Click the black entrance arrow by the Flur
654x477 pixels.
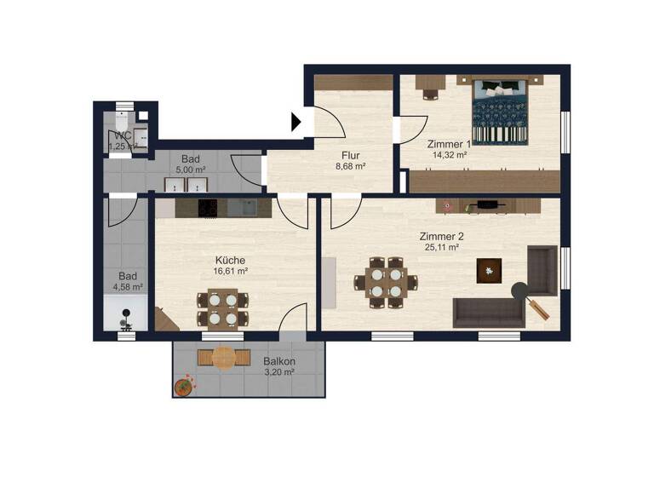[x=296, y=123]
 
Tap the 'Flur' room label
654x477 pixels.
[x=350, y=156]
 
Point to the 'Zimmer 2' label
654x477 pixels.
[x=441, y=236]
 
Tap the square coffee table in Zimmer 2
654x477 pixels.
[x=490, y=270]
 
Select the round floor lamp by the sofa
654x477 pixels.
[x=518, y=290]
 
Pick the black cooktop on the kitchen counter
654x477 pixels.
[x=209, y=207]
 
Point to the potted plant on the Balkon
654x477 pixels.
[x=183, y=387]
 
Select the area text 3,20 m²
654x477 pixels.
[x=278, y=372]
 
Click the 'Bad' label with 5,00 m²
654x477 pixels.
[x=191, y=159]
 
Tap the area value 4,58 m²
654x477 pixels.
[x=130, y=287]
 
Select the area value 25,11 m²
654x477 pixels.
[x=441, y=247]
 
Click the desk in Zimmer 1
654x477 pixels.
[x=428, y=84]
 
